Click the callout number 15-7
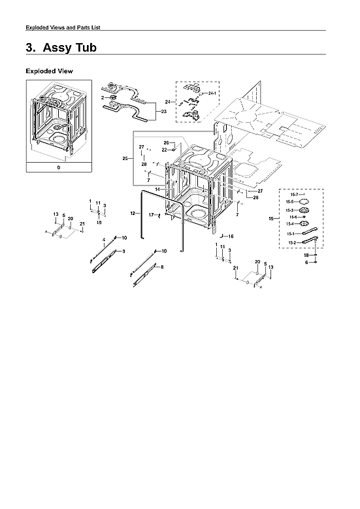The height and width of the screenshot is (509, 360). (x=293, y=195)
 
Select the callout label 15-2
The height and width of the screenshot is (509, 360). (x=291, y=242)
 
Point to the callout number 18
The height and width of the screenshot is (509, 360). (x=306, y=255)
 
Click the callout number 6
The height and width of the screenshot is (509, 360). (x=306, y=262)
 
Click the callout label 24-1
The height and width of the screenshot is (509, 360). (x=212, y=94)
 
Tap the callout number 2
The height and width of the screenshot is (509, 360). (x=103, y=97)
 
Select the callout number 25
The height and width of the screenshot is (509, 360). (x=125, y=158)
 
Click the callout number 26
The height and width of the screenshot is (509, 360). (x=166, y=142)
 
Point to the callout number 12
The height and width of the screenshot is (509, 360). (x=132, y=214)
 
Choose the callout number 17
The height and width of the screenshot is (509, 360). (x=150, y=214)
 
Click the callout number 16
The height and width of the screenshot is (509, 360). (x=231, y=236)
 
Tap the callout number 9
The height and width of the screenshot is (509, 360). (x=123, y=252)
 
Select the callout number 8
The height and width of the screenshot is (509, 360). (x=161, y=267)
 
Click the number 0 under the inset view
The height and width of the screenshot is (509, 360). (x=58, y=167)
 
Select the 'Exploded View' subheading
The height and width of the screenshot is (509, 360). (x=49, y=71)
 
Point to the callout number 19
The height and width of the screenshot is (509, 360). (x=99, y=222)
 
